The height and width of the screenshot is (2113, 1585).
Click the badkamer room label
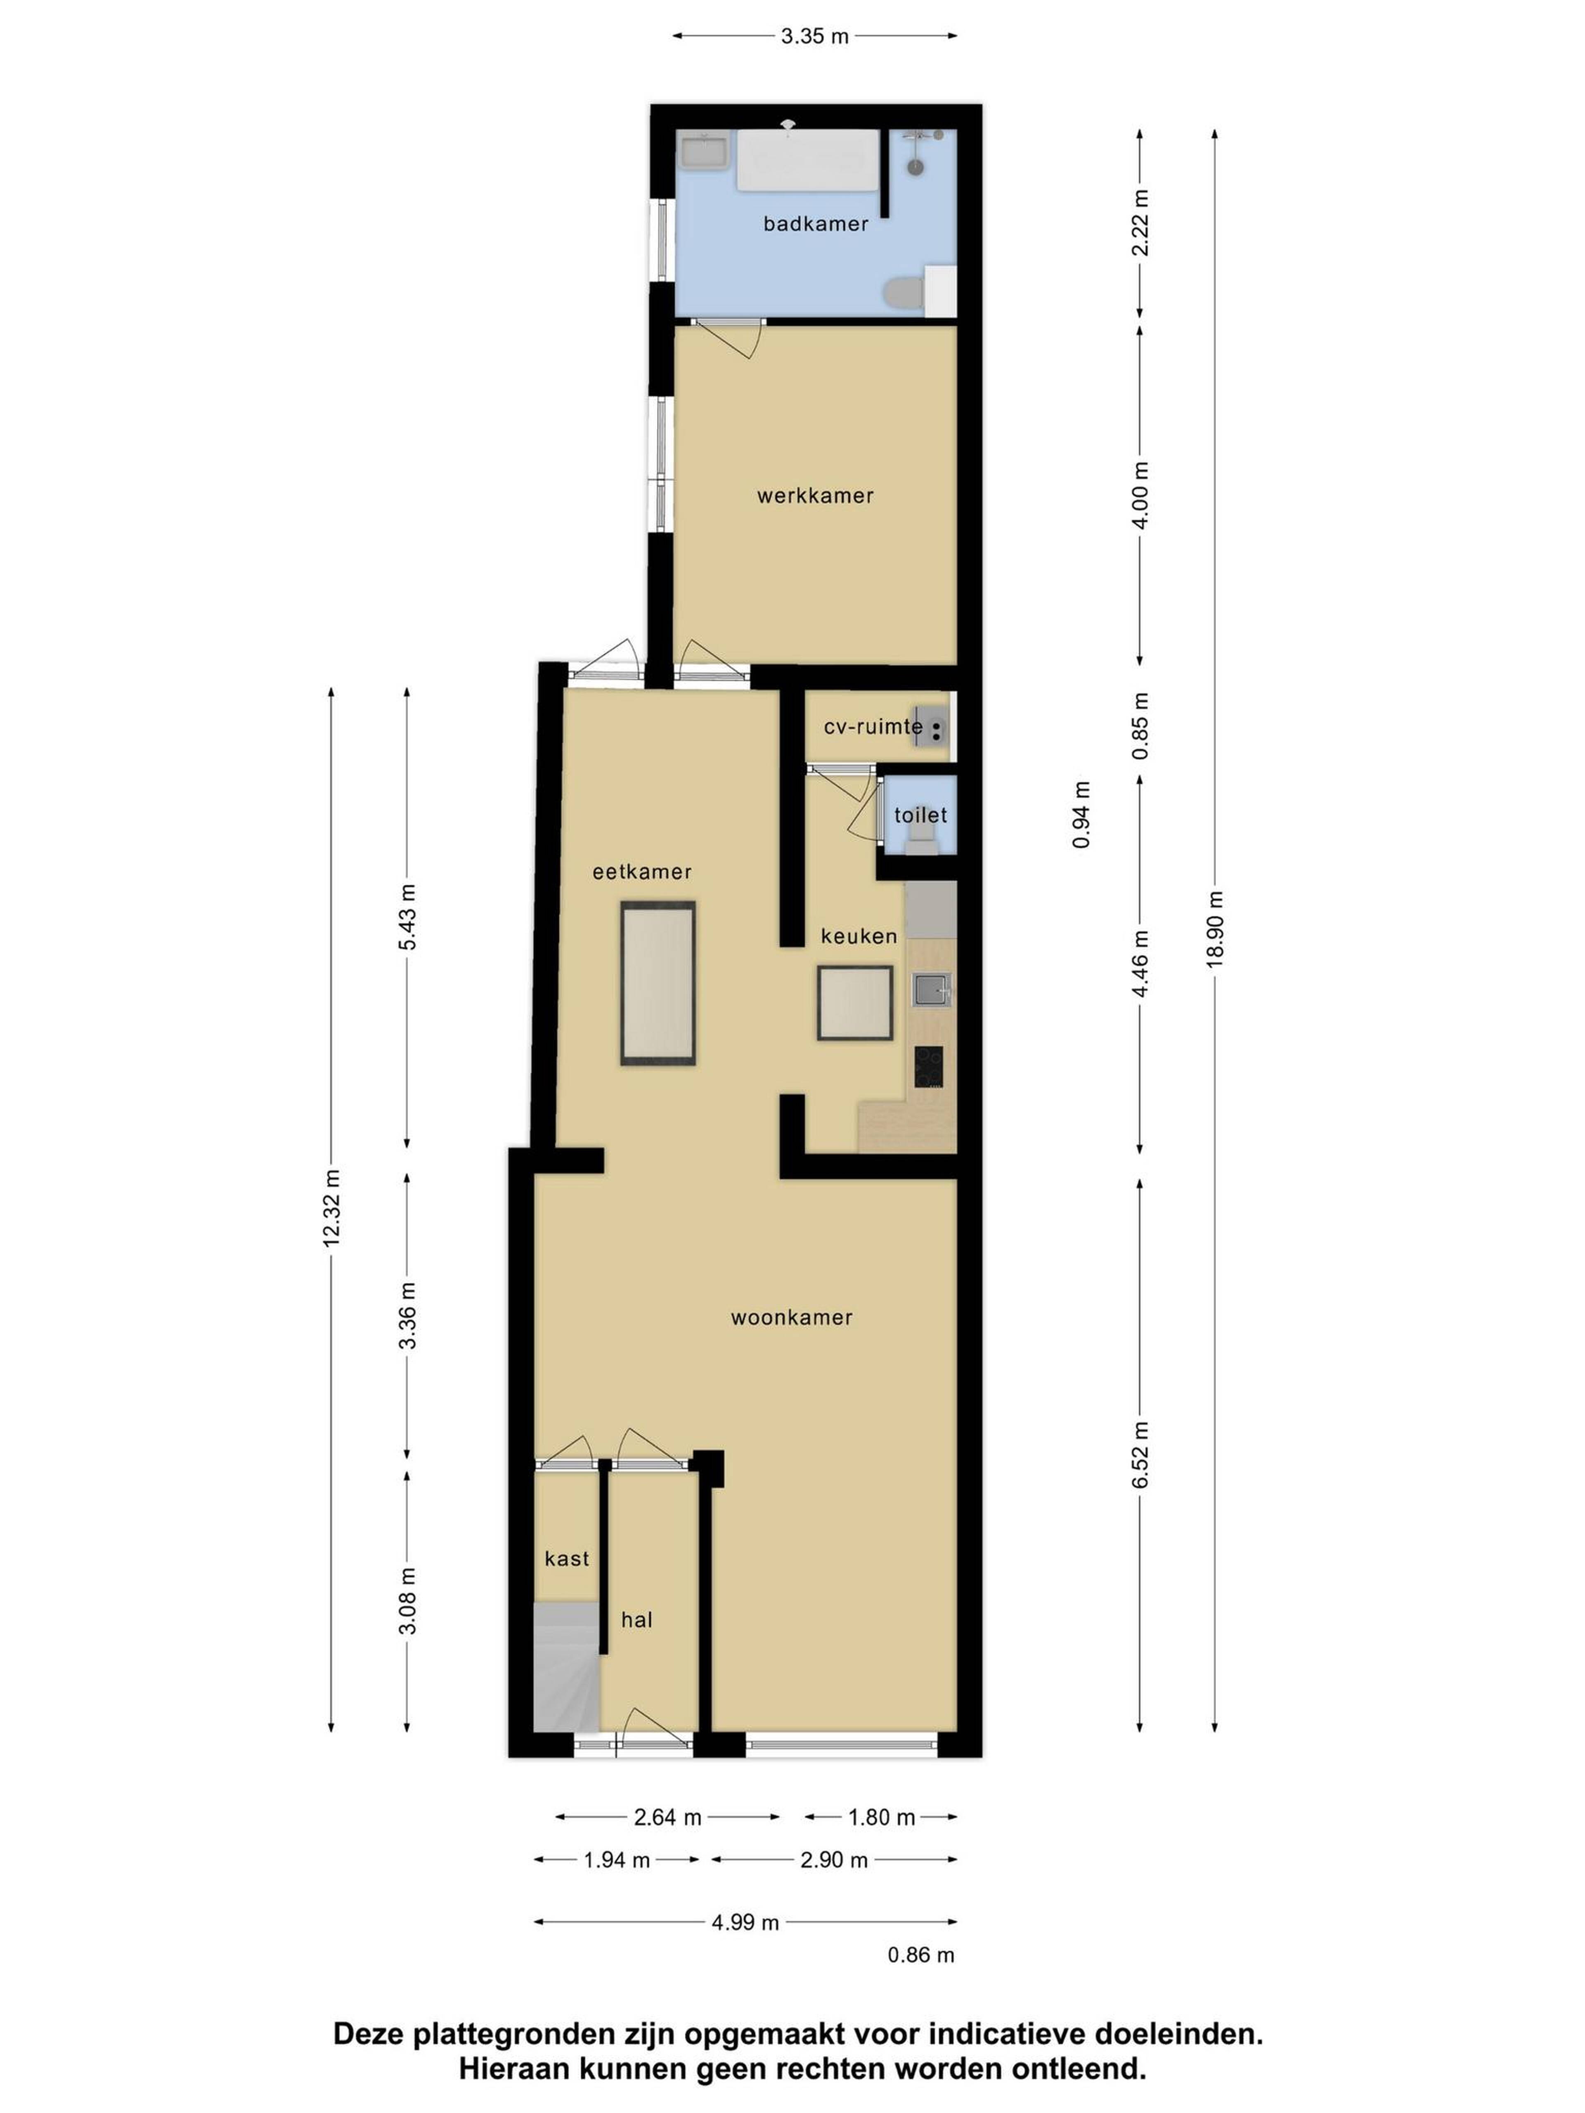815,224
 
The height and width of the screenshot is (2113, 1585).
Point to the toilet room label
920,815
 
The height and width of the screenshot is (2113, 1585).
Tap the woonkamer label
791,1317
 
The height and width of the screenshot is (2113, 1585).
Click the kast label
567,1558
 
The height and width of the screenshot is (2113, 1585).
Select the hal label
636,1619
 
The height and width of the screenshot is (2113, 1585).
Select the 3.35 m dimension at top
815,36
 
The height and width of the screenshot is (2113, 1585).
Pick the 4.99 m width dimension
745,1922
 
